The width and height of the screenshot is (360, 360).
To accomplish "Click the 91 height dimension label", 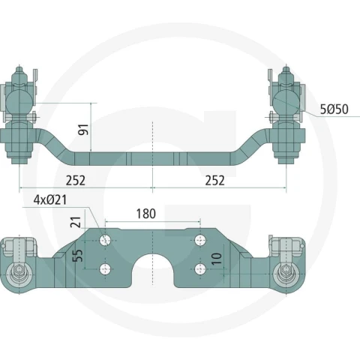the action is pyautogui.click(x=83, y=130).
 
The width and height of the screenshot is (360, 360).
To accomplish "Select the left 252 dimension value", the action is pyautogui.click(x=76, y=181).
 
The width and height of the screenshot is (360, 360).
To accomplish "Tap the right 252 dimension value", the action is pyautogui.click(x=215, y=181).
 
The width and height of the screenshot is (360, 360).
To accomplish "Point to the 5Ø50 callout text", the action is pyautogui.click(x=334, y=109).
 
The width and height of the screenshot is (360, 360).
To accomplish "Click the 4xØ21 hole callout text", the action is pyautogui.click(x=50, y=200).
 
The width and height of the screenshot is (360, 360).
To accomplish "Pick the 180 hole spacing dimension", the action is pyautogui.click(x=146, y=214).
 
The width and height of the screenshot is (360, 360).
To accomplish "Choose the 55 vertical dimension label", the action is pyautogui.click(x=78, y=255).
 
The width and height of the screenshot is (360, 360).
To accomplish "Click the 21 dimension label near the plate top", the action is pyautogui.click(x=76, y=222).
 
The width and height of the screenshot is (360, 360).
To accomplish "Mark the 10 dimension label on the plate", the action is pyautogui.click(x=217, y=259).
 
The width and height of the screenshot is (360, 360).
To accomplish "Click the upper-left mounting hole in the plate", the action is pyautogui.click(x=105, y=241).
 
